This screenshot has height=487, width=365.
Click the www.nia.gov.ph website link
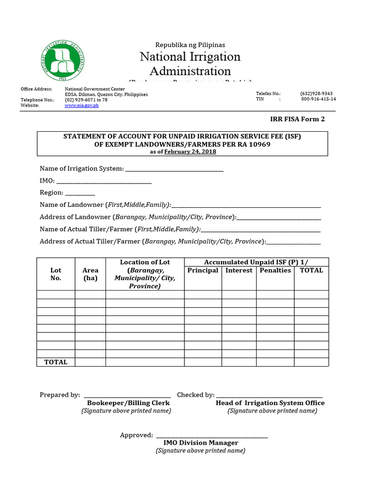[81, 106]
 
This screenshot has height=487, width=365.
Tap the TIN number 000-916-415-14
[318, 99]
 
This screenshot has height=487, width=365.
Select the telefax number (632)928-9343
[316, 94]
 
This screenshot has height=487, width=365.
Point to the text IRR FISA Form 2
[297, 119]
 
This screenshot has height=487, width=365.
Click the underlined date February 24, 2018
[190, 152]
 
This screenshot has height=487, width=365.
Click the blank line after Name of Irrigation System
[174, 169]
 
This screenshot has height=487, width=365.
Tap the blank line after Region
[80, 194]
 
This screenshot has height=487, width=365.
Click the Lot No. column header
[56, 274]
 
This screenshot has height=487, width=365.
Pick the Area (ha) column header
[90, 274]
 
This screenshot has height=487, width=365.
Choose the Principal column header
[203, 271]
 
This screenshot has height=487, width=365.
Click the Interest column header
[239, 271]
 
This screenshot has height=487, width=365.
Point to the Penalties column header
[275, 271]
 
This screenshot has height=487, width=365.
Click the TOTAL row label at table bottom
[56, 362]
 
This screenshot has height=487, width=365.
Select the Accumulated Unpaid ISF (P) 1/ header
[256, 262]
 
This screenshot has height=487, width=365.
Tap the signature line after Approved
[211, 436]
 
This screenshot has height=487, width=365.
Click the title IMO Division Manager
[200, 443]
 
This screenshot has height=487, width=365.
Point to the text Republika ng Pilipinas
[190, 45]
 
